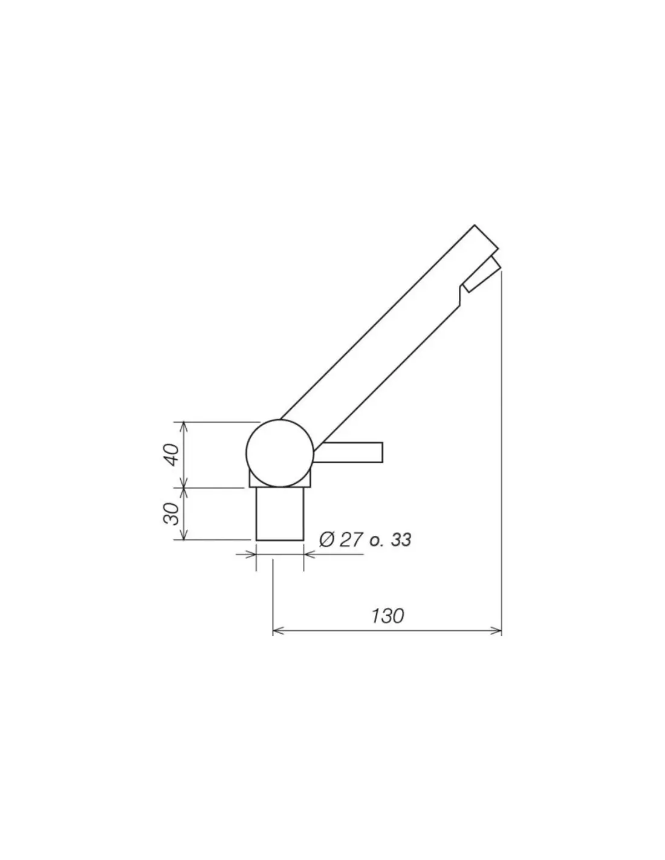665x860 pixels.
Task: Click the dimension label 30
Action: coord(171,513)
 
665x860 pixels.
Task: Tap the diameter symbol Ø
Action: coord(328,539)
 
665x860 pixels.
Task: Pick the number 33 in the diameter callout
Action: coord(401,539)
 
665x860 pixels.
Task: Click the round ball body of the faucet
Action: coord(280,453)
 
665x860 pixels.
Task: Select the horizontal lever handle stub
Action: coord(349,452)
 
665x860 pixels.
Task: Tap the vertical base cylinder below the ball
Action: coord(280,513)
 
